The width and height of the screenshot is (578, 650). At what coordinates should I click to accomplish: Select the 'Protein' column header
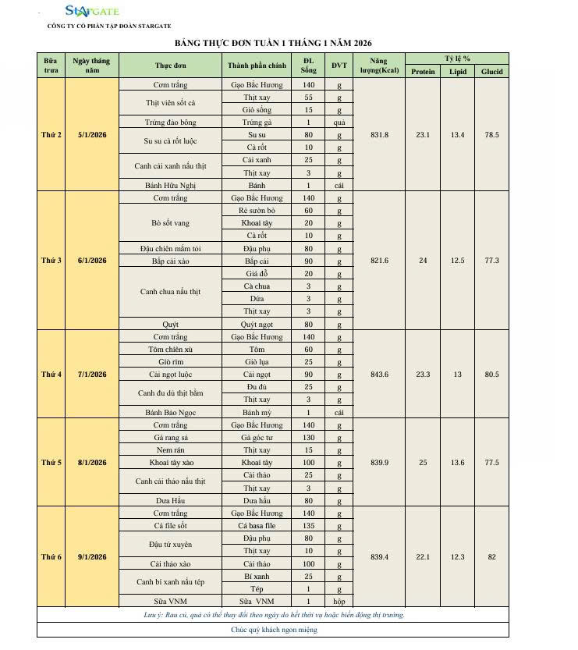[423, 72]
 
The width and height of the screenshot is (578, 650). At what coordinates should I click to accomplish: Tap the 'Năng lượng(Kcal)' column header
[379, 66]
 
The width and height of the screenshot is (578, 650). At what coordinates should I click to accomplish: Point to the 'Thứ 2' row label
[51, 135]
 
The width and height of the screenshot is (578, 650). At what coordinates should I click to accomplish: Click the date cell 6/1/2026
[92, 261]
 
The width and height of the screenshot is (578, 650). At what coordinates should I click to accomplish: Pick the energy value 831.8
[379, 135]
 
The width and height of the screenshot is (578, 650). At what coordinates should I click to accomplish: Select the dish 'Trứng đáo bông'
[170, 123]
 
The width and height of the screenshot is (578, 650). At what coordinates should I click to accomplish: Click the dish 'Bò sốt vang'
[170, 223]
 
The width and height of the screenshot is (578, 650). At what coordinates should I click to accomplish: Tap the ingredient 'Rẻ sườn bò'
[257, 211]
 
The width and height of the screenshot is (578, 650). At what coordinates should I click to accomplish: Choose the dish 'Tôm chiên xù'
[170, 350]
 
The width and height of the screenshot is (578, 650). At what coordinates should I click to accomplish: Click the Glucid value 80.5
[491, 375]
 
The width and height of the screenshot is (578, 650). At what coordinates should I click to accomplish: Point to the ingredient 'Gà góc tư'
[257, 438]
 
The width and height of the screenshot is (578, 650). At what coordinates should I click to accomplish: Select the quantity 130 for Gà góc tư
[308, 438]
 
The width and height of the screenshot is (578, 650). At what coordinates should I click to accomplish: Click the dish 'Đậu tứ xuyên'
[170, 545]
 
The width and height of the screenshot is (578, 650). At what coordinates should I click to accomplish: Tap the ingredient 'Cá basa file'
[257, 526]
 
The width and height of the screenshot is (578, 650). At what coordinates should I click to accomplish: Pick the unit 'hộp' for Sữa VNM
[339, 602]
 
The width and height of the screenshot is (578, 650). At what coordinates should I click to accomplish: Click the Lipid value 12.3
[457, 557]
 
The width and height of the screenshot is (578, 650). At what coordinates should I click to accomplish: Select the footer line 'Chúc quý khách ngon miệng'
[272, 630]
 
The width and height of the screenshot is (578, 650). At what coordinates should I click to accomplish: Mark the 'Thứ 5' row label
[51, 463]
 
